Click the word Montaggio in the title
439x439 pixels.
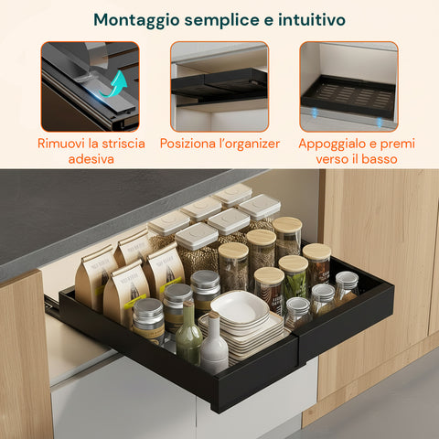(137, 18)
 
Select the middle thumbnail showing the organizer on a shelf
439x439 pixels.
(219, 86)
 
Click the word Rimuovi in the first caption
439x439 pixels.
(65, 143)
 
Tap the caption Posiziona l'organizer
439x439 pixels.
(219, 143)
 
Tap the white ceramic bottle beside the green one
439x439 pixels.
(214, 346)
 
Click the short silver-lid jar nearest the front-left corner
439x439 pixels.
(147, 320)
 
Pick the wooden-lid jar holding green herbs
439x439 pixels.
(293, 277)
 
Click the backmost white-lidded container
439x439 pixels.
(232, 194)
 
